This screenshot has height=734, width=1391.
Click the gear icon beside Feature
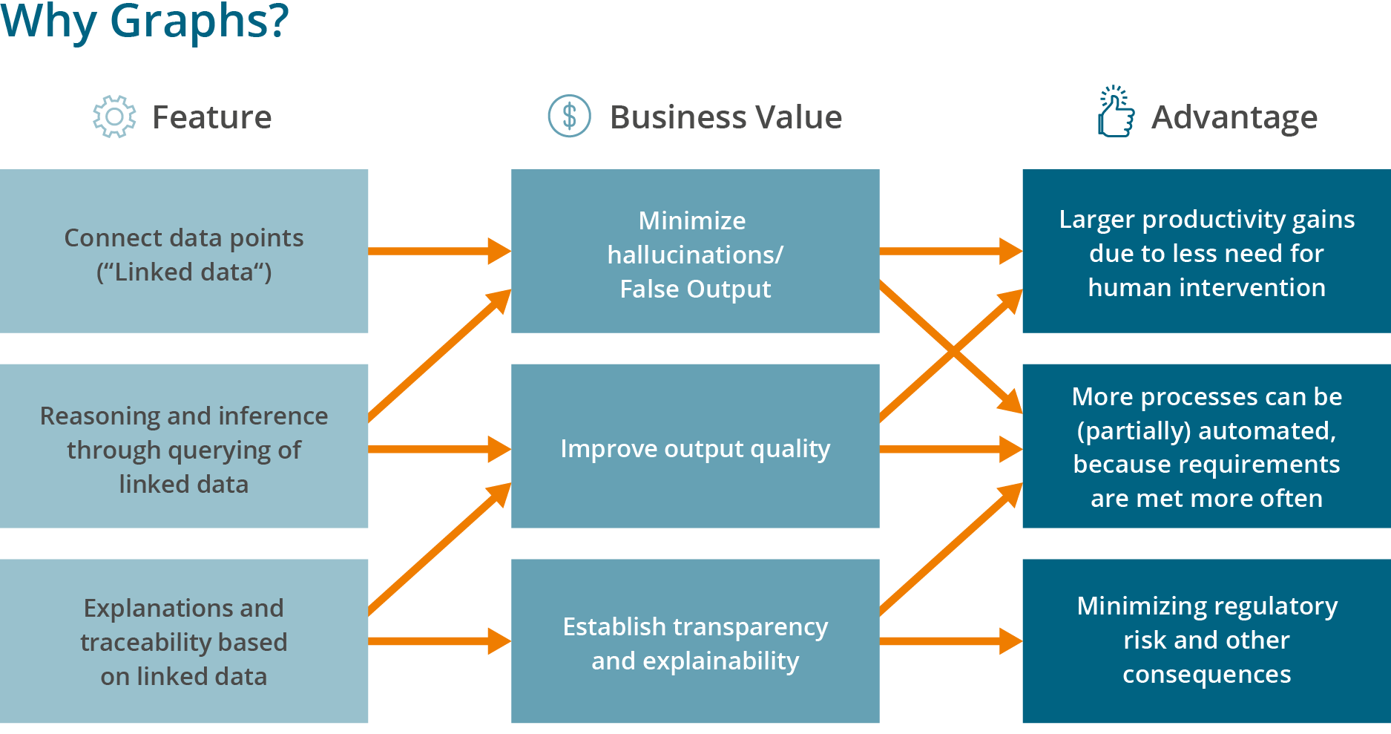point(114,117)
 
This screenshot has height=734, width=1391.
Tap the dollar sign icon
point(569,117)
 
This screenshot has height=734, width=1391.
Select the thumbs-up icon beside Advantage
point(1116,114)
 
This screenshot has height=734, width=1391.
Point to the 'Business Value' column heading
point(725,117)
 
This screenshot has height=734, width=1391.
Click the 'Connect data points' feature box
point(183,251)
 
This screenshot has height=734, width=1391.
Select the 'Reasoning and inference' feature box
point(183,446)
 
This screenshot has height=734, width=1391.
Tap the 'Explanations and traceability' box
point(183,641)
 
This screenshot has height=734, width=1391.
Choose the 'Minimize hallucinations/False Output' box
point(695,251)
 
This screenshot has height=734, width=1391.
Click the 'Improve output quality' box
point(695,446)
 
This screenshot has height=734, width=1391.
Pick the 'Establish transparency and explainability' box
point(695,641)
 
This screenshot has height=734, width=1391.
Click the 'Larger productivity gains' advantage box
point(1206,251)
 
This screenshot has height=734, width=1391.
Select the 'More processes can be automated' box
point(1206,446)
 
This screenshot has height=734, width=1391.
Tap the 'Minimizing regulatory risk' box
point(1206,641)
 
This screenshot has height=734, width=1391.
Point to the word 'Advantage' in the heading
point(1234,117)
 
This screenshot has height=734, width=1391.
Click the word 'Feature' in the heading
point(211,117)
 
